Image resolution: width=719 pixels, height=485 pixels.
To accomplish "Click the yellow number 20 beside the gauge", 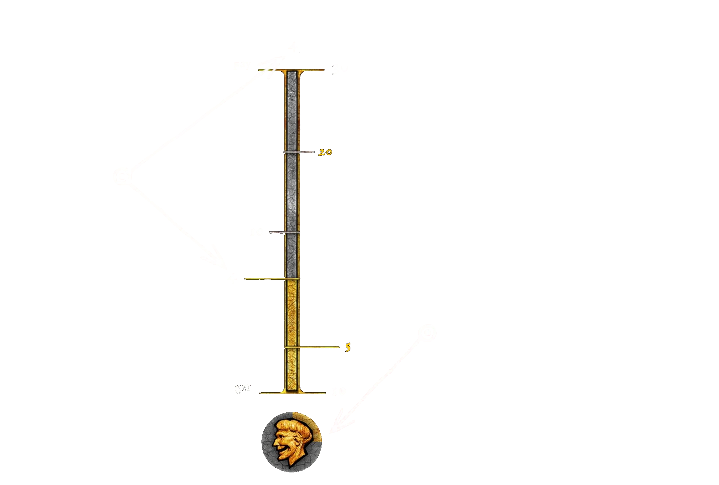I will pyautogui.click(x=325, y=152).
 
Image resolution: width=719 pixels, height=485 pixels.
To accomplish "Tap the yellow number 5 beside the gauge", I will pyautogui.click(x=348, y=347).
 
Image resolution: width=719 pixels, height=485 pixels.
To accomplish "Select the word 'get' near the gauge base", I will pyautogui.click(x=243, y=389).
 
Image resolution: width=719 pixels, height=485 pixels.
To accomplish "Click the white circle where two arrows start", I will pyautogui.click(x=123, y=176).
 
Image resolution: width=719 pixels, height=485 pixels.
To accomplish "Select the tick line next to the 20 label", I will pyautogui.click(x=299, y=152).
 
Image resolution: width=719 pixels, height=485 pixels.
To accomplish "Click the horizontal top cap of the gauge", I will pyautogui.click(x=292, y=70).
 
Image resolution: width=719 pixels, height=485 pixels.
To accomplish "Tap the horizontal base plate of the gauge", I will pyautogui.click(x=292, y=393).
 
